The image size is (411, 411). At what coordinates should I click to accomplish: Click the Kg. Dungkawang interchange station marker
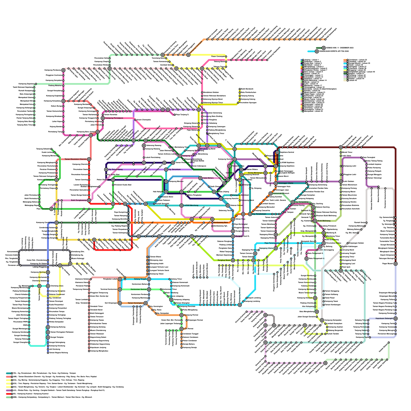(106, 170)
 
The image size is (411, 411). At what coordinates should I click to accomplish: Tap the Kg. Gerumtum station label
(175, 170)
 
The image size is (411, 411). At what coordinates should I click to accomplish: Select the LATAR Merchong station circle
(182, 206)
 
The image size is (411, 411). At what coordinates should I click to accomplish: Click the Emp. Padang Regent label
(117, 223)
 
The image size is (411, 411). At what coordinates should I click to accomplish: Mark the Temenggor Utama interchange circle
(276, 183)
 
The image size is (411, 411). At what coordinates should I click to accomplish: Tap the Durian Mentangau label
(255, 173)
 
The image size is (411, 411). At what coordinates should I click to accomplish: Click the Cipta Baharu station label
(208, 178)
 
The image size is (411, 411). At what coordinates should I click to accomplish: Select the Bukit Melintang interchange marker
(315, 221)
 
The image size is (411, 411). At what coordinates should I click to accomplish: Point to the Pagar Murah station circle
(396, 264)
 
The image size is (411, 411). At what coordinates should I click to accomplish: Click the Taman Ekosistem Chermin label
(76, 159)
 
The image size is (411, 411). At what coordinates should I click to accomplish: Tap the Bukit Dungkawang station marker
(89, 200)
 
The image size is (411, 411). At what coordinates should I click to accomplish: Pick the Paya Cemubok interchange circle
(51, 209)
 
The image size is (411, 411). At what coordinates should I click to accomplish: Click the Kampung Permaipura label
(114, 118)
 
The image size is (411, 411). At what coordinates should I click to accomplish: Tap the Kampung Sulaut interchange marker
(180, 156)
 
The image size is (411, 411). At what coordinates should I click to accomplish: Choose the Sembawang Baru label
(221, 222)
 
